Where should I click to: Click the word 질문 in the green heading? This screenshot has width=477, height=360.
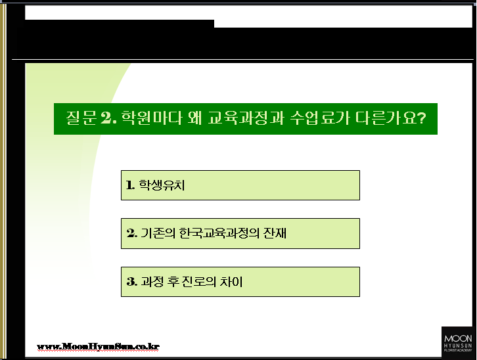click(81, 118)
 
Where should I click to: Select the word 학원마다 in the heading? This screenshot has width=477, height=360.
click(152, 118)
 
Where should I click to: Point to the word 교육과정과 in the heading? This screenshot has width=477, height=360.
click(246, 118)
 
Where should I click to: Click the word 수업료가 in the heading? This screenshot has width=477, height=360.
click(320, 118)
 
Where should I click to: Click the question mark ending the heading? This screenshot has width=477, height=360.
click(422, 118)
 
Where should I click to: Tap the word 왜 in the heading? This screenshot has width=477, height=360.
click(194, 118)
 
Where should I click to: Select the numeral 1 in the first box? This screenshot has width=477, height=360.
click(130, 185)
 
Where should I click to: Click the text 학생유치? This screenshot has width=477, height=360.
click(162, 185)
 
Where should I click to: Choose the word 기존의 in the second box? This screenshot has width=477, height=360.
click(158, 233)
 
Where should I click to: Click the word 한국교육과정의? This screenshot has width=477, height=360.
click(219, 233)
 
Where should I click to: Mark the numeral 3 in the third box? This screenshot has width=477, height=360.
click(131, 282)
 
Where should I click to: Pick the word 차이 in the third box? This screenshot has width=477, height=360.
click(231, 282)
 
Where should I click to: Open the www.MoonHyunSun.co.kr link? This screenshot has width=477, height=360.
click(98, 346)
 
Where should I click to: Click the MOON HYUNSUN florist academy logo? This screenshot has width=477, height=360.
click(458, 343)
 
